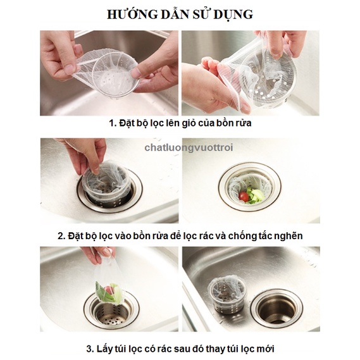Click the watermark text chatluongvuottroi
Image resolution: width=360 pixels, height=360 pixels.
tap(189, 147)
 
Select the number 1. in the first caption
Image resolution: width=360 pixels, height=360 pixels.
tap(113, 123)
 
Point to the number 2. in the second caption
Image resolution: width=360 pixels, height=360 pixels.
tap(61, 236)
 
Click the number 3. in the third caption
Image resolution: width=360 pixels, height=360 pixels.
tap(90, 349)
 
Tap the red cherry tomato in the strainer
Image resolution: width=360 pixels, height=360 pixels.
tap(244, 197)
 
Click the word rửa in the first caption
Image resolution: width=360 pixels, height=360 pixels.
tap(244, 123)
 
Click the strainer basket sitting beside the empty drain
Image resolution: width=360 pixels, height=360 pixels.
tap(226, 295)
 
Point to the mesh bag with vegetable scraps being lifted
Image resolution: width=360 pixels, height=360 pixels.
tap(108, 284)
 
